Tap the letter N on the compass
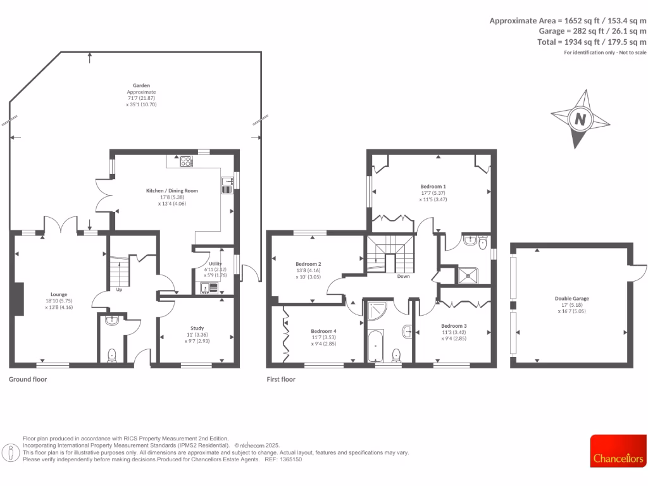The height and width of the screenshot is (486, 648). [x=579, y=119]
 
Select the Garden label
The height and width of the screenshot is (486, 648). [x=141, y=85]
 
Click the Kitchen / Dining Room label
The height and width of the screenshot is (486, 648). [x=172, y=190]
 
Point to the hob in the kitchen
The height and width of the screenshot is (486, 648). [x=187, y=161]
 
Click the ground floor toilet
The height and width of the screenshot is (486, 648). [x=112, y=356]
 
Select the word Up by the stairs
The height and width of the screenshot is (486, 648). [x=119, y=290]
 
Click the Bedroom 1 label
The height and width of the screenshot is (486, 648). [x=433, y=187]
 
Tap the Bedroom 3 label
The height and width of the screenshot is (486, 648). [x=454, y=325]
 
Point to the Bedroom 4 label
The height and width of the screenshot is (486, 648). [x=323, y=331]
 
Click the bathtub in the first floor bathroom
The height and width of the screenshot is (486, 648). [x=376, y=346]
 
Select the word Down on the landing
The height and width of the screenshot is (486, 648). [x=404, y=277]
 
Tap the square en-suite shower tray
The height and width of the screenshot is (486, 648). [x=469, y=275]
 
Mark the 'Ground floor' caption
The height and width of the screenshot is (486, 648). [x=28, y=380]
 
